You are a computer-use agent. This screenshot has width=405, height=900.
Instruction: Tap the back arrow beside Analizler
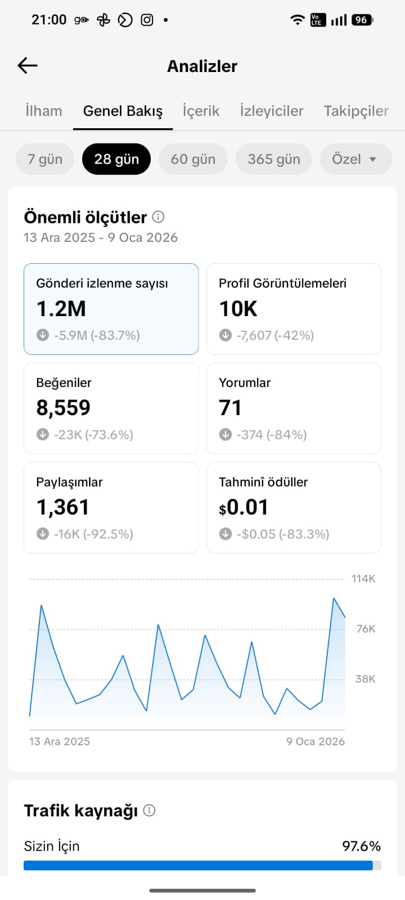(28, 65)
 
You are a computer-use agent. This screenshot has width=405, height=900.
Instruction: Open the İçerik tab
(201, 111)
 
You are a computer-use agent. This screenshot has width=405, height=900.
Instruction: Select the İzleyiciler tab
(272, 111)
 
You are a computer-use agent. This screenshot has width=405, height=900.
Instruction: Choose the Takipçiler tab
(356, 111)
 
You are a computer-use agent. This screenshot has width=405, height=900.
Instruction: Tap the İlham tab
(44, 111)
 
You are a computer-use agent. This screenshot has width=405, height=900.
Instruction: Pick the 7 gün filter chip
(45, 159)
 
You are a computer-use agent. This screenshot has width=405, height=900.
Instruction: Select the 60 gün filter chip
(193, 159)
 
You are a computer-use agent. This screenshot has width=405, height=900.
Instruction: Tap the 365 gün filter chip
(273, 159)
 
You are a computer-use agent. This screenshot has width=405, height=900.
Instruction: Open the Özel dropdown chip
(356, 159)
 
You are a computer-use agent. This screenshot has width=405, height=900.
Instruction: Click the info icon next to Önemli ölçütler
(158, 217)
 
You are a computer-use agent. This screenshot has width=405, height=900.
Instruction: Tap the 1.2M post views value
(61, 309)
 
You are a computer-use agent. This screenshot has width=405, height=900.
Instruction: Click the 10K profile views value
(238, 309)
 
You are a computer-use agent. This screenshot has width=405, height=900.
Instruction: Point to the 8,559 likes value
(64, 408)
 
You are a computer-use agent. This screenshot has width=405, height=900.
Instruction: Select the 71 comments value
(230, 408)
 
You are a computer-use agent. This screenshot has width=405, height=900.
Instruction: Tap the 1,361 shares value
(62, 507)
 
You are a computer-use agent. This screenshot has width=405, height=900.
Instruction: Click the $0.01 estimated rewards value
(244, 507)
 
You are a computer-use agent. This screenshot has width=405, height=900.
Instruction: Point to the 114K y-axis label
(363, 579)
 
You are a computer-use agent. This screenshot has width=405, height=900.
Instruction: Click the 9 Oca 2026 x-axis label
(316, 741)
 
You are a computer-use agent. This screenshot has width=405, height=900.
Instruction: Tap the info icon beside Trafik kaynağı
(149, 811)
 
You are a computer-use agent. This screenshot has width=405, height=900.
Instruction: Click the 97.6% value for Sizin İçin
(361, 846)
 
